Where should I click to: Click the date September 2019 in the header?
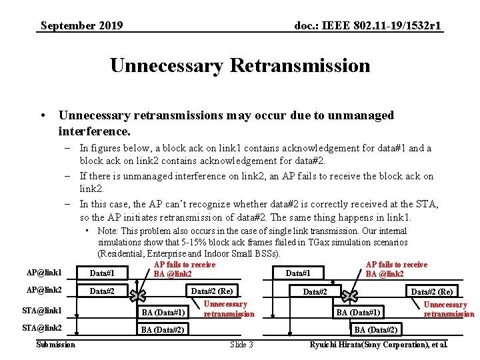[81, 26]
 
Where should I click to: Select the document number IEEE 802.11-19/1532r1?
[369, 26]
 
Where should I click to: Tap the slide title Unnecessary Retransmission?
[240, 65]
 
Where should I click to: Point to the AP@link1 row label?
[44, 273]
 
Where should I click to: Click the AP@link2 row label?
[44, 291]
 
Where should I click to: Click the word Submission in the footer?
[55, 344]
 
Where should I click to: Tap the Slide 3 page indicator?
[241, 344]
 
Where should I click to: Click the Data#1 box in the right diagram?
[298, 273]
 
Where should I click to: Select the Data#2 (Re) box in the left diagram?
[212, 291]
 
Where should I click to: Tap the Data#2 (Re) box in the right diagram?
[431, 291]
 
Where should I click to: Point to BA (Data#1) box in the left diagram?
[163, 312]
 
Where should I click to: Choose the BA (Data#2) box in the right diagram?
[376, 329]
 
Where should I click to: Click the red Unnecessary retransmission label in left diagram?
[229, 309]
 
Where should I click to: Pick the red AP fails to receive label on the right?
[397, 269]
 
